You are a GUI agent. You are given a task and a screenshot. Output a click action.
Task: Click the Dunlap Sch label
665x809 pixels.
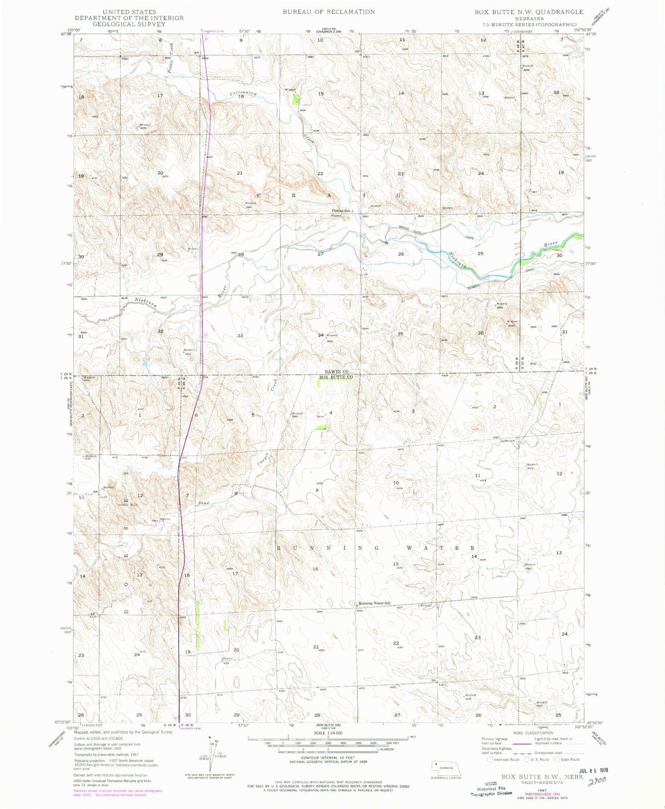coord(341,211)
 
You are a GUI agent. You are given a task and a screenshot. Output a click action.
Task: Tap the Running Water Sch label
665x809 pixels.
coord(375,603)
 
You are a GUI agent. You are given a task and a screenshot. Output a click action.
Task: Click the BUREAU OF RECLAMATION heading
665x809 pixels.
coord(329,12)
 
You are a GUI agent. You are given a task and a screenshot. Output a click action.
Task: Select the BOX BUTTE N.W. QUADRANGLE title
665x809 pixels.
coord(529,12)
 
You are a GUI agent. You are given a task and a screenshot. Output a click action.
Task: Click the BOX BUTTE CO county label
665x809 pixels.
coord(336,377)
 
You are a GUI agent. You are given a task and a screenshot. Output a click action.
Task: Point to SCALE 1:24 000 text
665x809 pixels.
coord(328,733)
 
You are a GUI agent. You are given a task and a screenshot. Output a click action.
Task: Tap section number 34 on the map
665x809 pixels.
coord(321,335)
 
